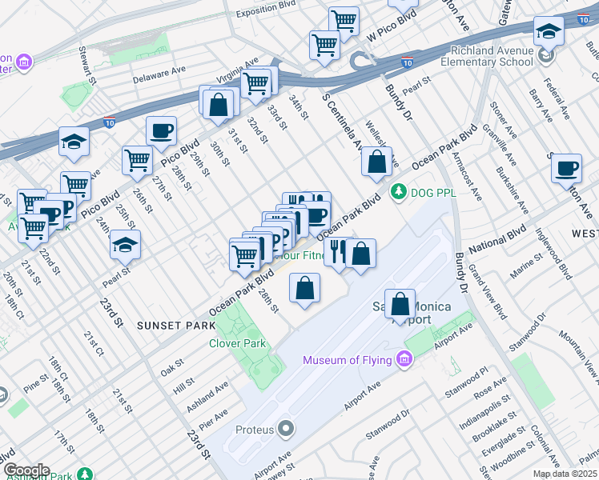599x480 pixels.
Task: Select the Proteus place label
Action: point(255,430)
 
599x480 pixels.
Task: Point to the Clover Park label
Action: point(236,343)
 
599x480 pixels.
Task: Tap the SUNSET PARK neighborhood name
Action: point(175,325)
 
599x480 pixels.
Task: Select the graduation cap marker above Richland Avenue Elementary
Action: point(549,31)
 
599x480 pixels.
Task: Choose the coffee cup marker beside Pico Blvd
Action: point(161,130)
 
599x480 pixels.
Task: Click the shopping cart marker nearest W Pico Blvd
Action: point(344,20)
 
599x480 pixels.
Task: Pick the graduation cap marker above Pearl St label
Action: point(125,245)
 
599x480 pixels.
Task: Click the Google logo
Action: point(26,471)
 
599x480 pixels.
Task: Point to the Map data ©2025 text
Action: point(565,474)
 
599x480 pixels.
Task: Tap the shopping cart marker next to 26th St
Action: point(137,160)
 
